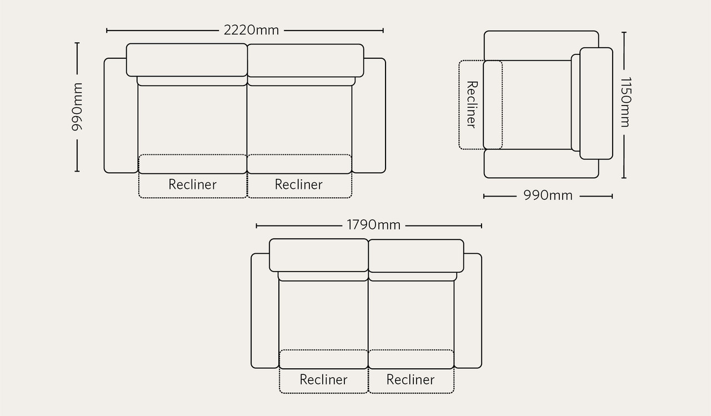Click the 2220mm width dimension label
[251, 30]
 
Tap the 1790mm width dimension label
[373, 225]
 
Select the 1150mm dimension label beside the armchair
[625, 102]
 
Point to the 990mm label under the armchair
[548, 196]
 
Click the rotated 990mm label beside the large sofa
[77, 107]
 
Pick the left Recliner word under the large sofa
[192, 184]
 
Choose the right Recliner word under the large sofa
[298, 184]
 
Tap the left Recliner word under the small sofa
[323, 379]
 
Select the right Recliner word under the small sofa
[410, 379]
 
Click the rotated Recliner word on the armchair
[472, 104]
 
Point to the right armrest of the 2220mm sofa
[370, 116]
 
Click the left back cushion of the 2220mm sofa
[187, 60]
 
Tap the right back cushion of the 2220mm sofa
[306, 61]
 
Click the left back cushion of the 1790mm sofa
[319, 255]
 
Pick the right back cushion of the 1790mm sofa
[416, 255]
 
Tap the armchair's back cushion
[596, 103]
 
